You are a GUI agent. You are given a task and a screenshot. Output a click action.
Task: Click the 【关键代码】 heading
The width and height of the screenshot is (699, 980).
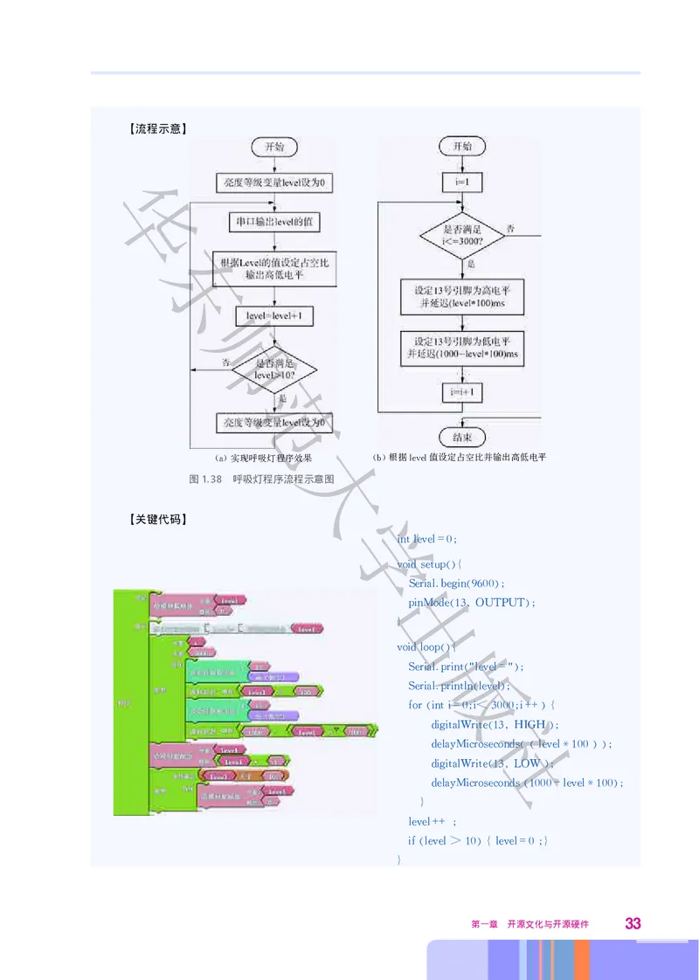pyautogui.click(x=156, y=520)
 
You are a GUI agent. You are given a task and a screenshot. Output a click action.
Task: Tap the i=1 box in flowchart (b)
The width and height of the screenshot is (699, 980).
pyautogui.click(x=462, y=183)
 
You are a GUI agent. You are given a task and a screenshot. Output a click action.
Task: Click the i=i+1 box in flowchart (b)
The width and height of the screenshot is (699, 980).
pyautogui.click(x=462, y=393)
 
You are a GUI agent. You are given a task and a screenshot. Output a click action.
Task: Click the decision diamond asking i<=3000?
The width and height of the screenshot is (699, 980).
pyautogui.click(x=462, y=233)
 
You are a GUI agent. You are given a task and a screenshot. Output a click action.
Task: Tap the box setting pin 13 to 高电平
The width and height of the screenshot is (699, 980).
pyautogui.click(x=462, y=297)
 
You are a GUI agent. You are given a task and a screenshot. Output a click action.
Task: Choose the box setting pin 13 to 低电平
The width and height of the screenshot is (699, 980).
pyautogui.click(x=462, y=347)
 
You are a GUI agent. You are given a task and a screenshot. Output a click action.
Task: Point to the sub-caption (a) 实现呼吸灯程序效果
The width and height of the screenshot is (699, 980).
pyautogui.click(x=263, y=458)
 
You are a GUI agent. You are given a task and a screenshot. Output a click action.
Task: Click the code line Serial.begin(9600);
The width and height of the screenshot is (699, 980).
pyautogui.click(x=457, y=583)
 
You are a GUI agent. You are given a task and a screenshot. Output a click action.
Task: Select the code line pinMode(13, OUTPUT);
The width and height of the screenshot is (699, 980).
pyautogui.click(x=471, y=603)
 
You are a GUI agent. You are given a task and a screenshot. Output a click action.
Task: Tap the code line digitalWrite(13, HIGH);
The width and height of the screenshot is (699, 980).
pyautogui.click(x=495, y=724)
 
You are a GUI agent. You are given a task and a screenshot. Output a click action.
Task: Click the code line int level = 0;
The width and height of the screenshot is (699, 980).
pyautogui.click(x=427, y=539)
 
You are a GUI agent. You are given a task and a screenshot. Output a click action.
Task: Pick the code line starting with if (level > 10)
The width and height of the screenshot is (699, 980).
pyautogui.click(x=478, y=840)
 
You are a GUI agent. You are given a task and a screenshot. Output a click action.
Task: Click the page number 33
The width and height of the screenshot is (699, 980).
pyautogui.click(x=633, y=923)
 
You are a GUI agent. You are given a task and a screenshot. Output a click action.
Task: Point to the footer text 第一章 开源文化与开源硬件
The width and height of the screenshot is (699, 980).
pyautogui.click(x=530, y=924)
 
